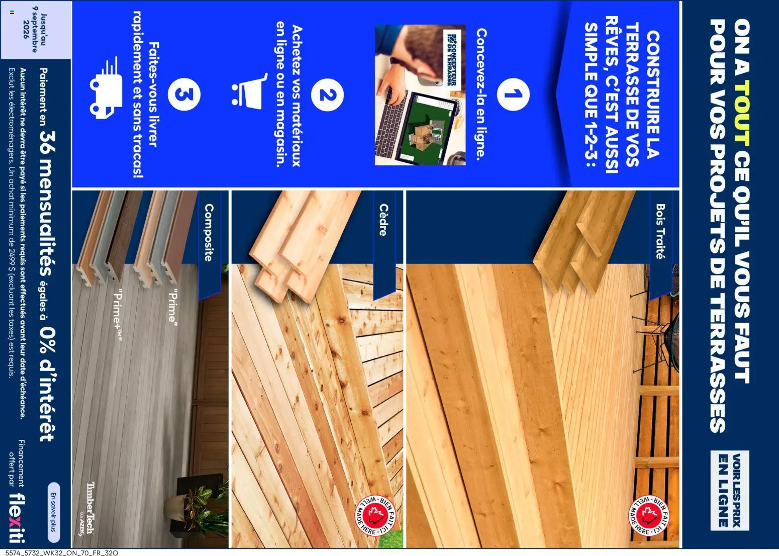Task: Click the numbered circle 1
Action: (x=513, y=95)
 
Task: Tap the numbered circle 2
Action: (x=327, y=95)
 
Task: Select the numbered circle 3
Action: (x=184, y=95)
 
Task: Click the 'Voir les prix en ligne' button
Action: (x=730, y=490)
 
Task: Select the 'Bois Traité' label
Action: (x=660, y=231)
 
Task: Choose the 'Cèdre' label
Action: (x=383, y=220)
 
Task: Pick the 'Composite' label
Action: (x=209, y=232)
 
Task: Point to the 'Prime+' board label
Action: (x=117, y=315)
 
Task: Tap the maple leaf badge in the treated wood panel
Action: (x=649, y=515)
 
